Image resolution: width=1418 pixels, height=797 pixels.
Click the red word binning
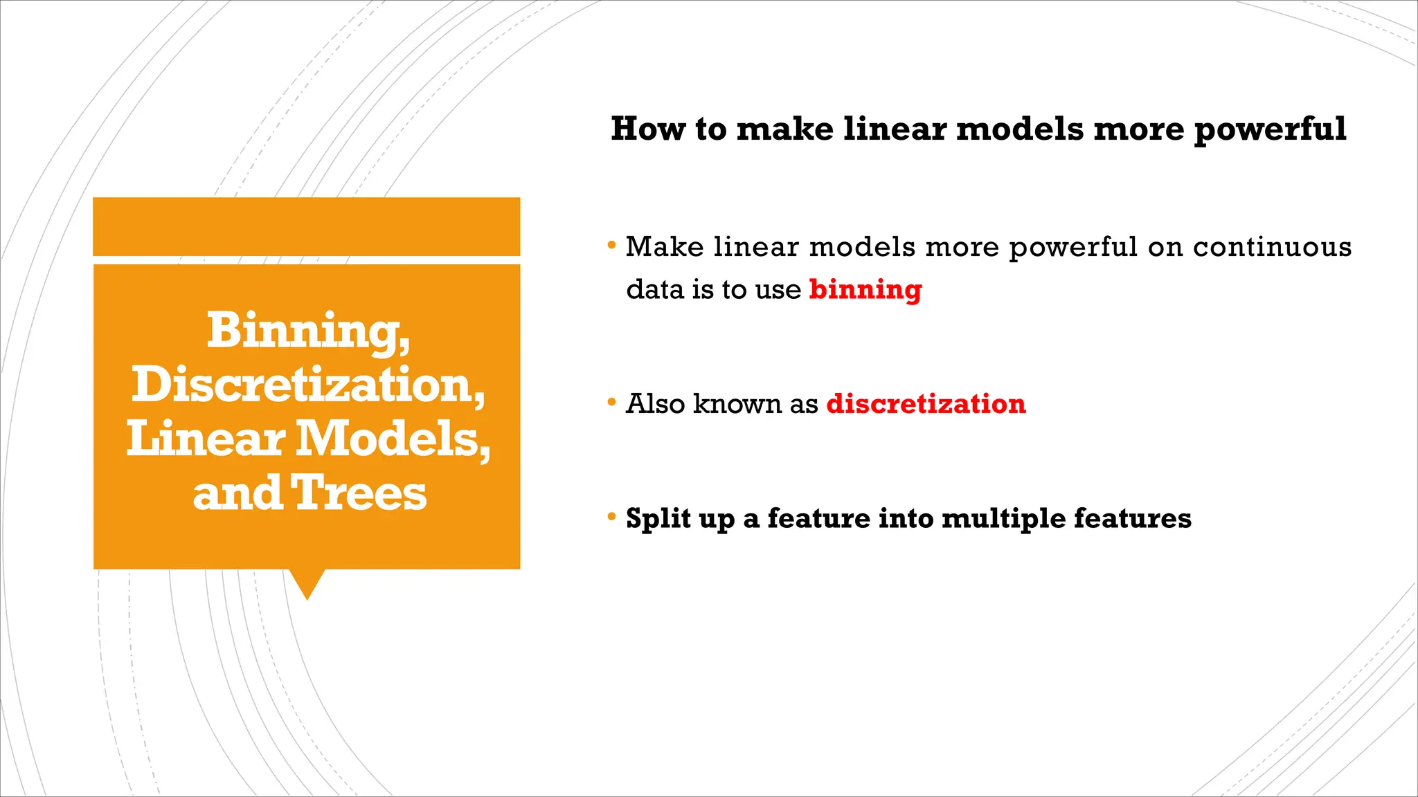click(865, 290)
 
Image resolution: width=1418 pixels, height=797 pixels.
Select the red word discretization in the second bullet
click(926, 404)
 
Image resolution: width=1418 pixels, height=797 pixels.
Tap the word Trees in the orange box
click(358, 493)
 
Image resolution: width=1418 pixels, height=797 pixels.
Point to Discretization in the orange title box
click(307, 385)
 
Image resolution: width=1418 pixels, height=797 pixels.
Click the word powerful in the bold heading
click(1270, 130)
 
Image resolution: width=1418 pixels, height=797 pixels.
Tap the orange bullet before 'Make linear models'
click(611, 245)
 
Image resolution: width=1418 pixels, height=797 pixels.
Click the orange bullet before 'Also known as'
click(611, 402)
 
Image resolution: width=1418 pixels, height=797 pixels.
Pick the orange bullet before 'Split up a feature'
click(611, 516)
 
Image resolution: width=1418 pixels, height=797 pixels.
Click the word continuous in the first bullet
click(1272, 247)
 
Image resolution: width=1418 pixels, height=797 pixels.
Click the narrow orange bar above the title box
click(307, 226)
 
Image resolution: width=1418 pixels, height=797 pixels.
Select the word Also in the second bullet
click(655, 404)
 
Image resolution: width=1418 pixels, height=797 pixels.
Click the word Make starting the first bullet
click(665, 247)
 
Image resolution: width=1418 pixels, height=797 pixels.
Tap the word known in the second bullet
click(737, 404)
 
